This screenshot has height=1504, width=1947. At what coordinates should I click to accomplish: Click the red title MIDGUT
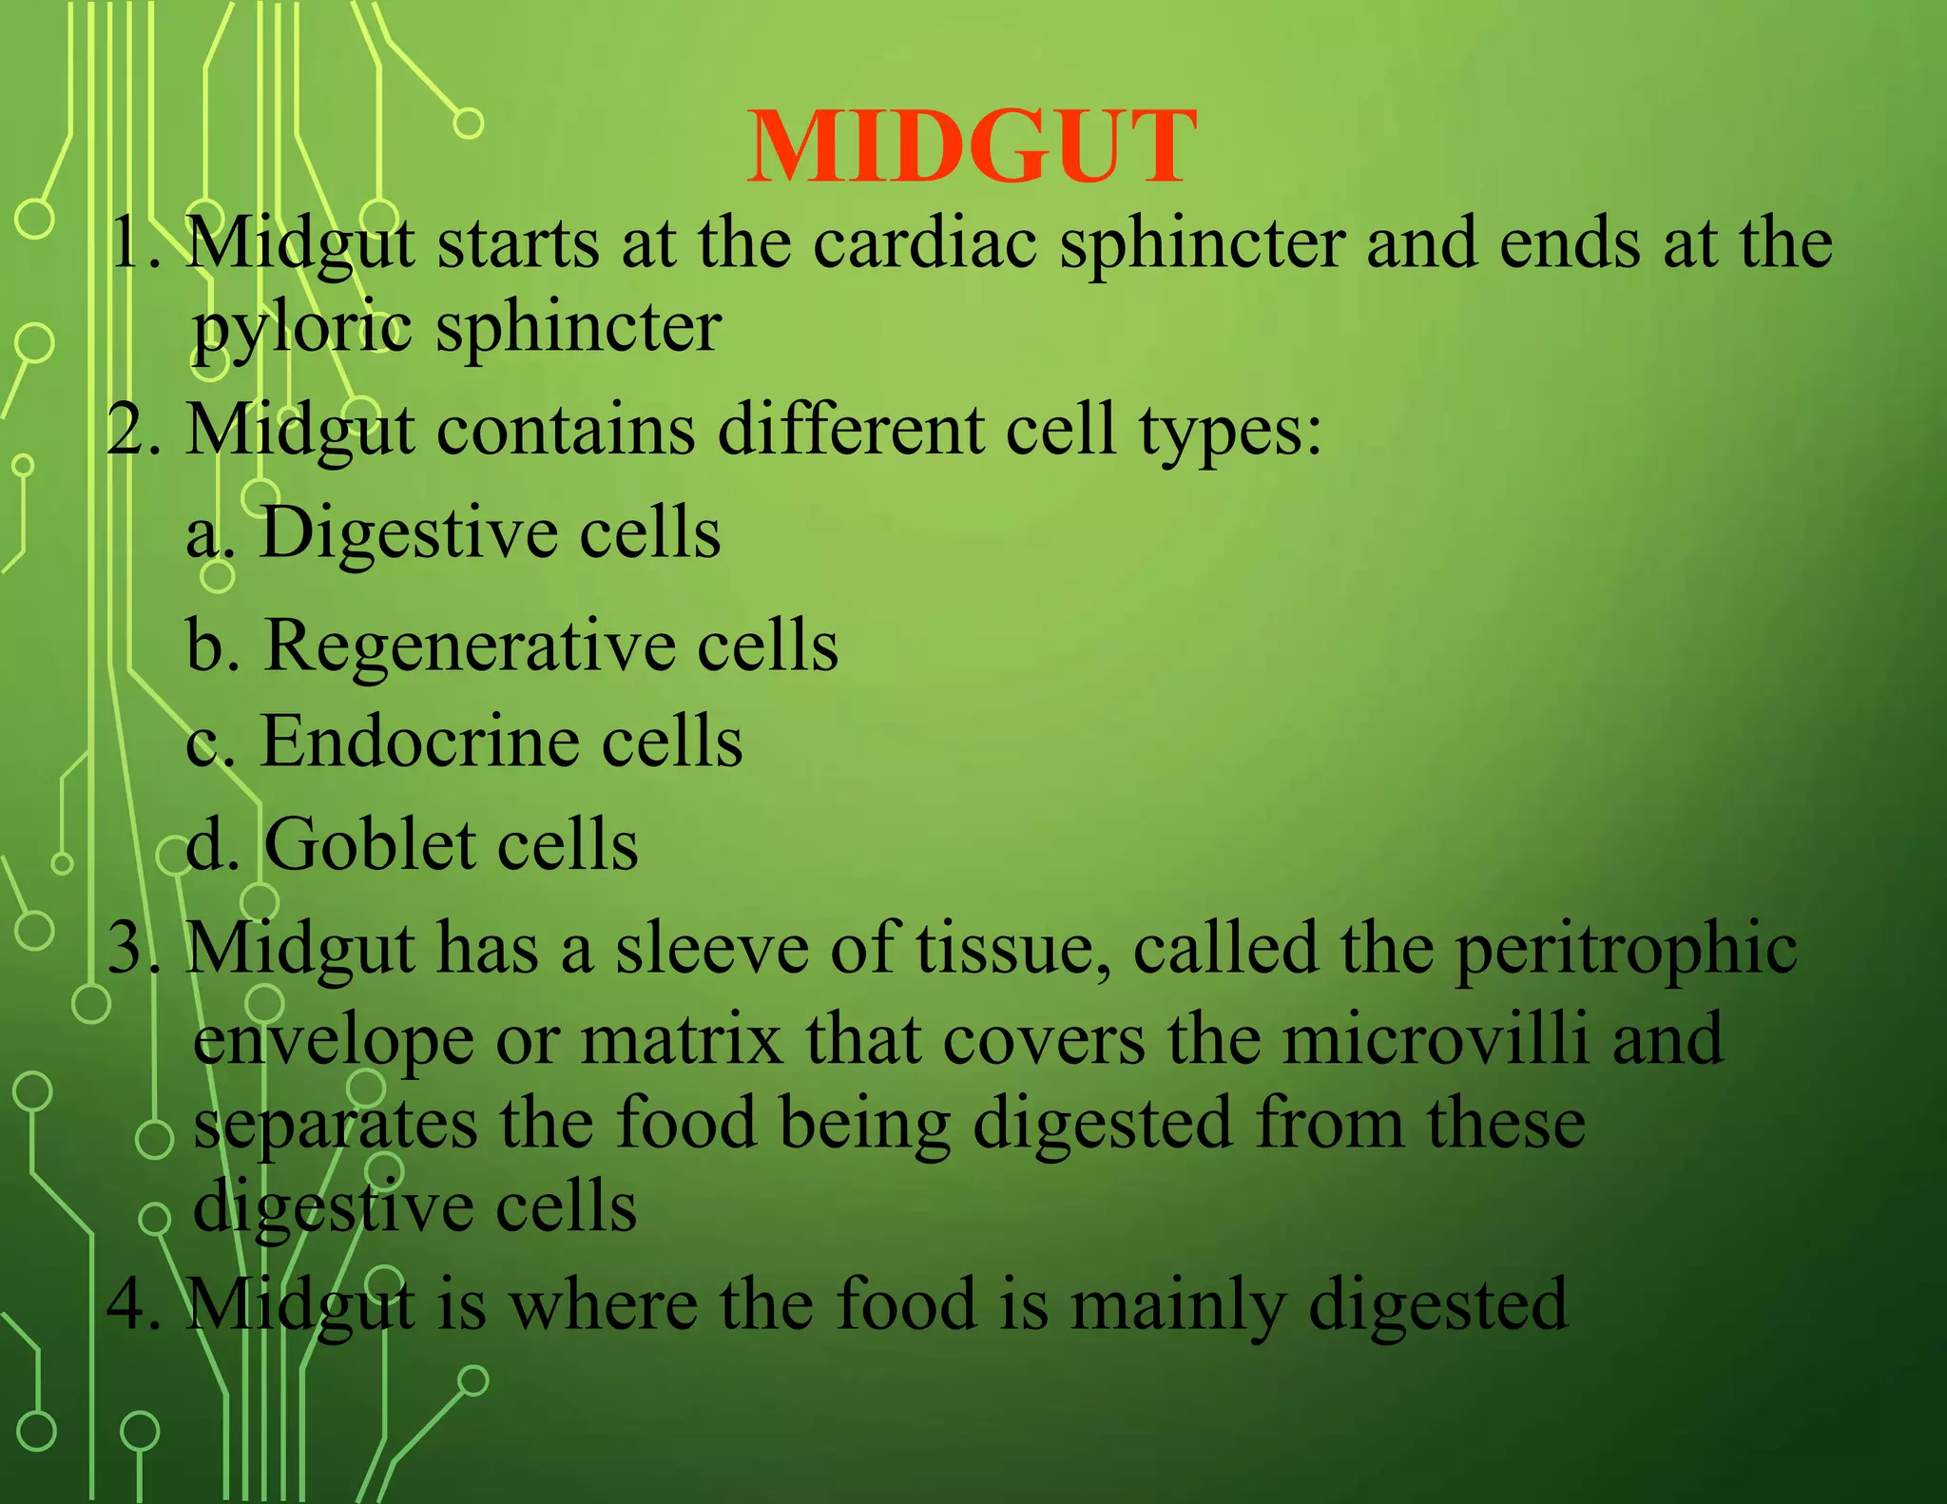[971, 147]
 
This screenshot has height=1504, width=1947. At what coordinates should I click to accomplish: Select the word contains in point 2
[566, 430]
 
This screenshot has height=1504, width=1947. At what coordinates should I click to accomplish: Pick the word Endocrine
[419, 742]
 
